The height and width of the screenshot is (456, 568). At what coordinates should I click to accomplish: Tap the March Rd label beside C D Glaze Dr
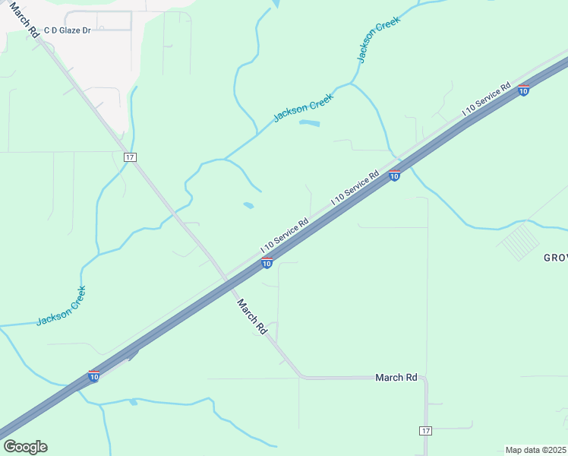[x=25, y=20]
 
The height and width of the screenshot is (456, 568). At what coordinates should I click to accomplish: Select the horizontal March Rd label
[x=396, y=377]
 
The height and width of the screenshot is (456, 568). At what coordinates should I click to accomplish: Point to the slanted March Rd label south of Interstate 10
[x=251, y=316]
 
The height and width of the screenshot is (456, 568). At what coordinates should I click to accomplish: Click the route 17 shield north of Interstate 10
[x=130, y=157]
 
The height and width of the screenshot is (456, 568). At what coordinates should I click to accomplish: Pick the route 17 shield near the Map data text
[x=424, y=431]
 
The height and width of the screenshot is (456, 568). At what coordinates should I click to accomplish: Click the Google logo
[x=25, y=447]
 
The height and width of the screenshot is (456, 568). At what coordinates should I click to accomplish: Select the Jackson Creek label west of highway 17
[x=62, y=306]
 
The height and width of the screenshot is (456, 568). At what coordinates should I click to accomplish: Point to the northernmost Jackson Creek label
[x=378, y=40]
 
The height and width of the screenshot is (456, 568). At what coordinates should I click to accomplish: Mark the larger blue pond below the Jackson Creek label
[x=310, y=122]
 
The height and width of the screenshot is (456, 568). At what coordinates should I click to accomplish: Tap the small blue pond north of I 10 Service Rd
[x=248, y=205]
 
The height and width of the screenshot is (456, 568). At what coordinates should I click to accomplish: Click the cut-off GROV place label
[x=555, y=258]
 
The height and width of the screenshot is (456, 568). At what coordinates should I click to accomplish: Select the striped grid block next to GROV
[x=520, y=242]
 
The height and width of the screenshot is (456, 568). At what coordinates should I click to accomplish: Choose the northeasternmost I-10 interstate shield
[x=523, y=90]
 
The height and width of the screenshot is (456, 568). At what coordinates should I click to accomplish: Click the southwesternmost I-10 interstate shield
[x=93, y=376]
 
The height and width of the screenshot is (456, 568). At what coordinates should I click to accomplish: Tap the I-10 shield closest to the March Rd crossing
[x=267, y=263]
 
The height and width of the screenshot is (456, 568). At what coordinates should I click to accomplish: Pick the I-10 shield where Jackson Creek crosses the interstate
[x=394, y=176]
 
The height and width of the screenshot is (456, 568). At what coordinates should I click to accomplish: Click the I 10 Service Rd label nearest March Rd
[x=284, y=236]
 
